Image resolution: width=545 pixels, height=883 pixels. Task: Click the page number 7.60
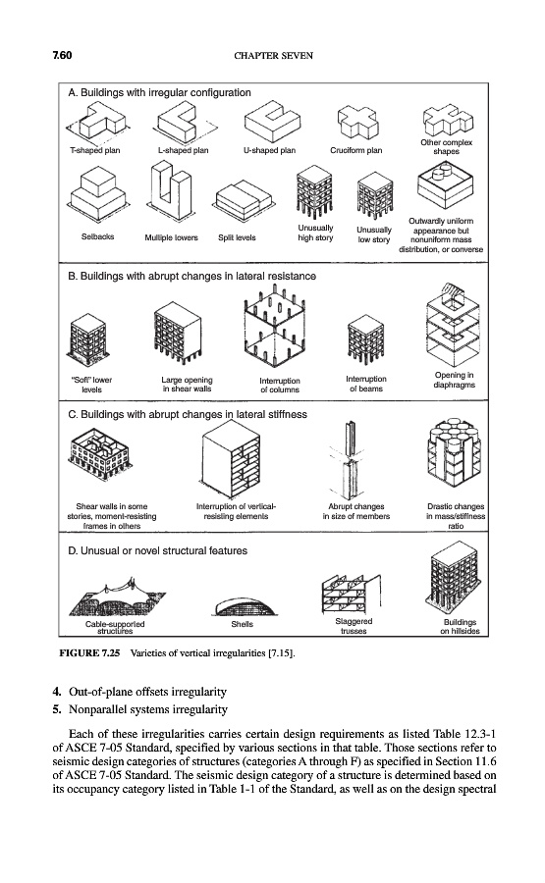click(x=63, y=55)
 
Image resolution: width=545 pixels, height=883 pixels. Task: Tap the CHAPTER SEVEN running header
click(x=273, y=55)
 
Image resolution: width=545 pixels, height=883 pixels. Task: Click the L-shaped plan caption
click(x=184, y=150)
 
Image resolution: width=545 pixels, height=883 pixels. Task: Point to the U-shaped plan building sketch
click(x=272, y=123)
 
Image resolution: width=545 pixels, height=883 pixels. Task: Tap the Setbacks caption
click(x=97, y=237)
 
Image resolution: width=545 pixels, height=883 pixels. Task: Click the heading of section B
click(x=191, y=276)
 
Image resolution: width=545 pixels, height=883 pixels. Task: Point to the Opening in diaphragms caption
click(x=455, y=380)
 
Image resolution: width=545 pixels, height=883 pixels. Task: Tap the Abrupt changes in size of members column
click(x=350, y=458)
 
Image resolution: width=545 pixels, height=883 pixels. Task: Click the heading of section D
click(x=158, y=550)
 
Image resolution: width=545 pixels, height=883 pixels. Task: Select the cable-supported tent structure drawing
click(x=117, y=598)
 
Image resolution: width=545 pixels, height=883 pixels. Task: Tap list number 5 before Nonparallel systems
click(x=56, y=709)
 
